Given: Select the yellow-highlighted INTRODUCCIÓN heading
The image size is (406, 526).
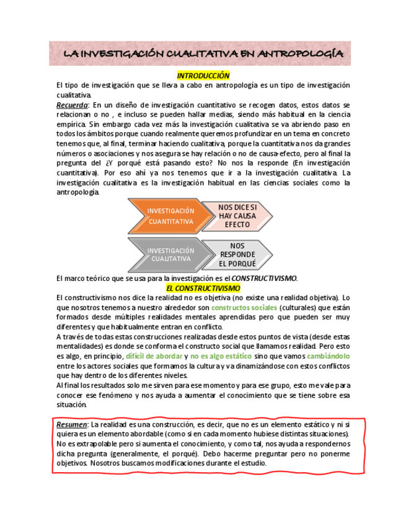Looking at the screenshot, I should (x=203, y=76).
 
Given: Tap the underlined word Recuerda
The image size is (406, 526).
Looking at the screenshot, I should (x=72, y=105).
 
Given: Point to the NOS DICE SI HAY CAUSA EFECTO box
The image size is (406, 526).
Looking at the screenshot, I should (x=237, y=216).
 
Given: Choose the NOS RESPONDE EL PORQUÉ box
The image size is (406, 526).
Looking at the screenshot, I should (x=237, y=254).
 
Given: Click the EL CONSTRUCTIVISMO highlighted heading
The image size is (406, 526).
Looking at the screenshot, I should (x=203, y=288).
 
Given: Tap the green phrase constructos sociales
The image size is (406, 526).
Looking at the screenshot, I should (x=244, y=308).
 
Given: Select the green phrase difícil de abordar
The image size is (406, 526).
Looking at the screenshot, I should (x=154, y=357).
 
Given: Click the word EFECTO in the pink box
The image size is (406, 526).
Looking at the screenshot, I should (x=237, y=225).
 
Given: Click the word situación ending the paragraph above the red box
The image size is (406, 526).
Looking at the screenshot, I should (x=71, y=404).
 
